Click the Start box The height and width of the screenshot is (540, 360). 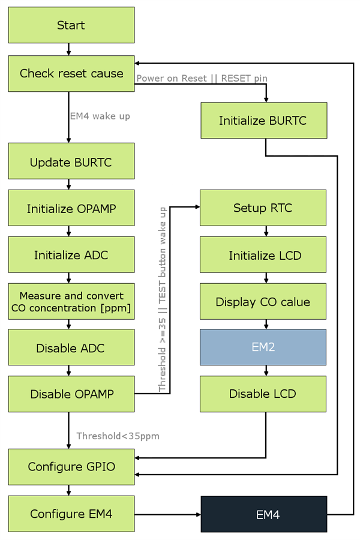(x=71, y=25)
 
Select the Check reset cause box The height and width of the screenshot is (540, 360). (x=71, y=74)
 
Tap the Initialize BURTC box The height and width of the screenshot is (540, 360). (x=263, y=121)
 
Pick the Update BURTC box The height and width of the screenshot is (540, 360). (x=71, y=162)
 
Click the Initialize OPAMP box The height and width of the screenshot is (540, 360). (x=71, y=209)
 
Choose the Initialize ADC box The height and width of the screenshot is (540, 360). (x=71, y=256)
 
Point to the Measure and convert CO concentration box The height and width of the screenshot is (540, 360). (x=71, y=302)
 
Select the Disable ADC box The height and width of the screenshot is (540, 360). (x=71, y=348)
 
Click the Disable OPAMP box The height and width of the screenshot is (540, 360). (x=71, y=394)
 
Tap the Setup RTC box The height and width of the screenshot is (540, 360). (x=263, y=208)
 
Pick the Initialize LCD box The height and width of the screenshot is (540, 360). (x=263, y=256)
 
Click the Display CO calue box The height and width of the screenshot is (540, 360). (x=263, y=302)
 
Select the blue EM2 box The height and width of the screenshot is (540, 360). (x=263, y=347)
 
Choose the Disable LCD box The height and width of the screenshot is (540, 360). (x=263, y=394)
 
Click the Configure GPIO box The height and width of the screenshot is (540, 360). (x=71, y=466)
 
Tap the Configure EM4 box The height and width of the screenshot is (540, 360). (x=71, y=514)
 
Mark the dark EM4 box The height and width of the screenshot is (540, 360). (x=263, y=514)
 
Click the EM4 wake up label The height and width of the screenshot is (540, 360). (x=100, y=116)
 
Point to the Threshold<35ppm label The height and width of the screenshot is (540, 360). (x=118, y=436)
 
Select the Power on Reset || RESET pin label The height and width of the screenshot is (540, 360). (x=202, y=78)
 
